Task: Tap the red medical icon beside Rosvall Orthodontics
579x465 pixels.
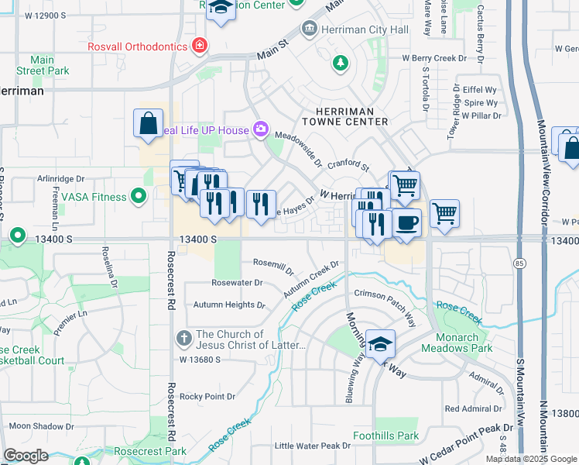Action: coord(200,46)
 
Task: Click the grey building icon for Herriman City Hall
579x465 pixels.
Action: coord(310,29)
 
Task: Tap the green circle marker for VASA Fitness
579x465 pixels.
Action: coord(139,197)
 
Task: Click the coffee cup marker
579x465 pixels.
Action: coord(406,222)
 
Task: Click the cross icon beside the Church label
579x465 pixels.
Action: coord(183,338)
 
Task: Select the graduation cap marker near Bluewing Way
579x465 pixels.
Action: coord(380,343)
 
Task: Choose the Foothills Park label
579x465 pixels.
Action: coord(385,436)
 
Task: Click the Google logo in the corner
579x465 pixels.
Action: coord(26,456)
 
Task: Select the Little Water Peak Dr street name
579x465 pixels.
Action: coord(313,446)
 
